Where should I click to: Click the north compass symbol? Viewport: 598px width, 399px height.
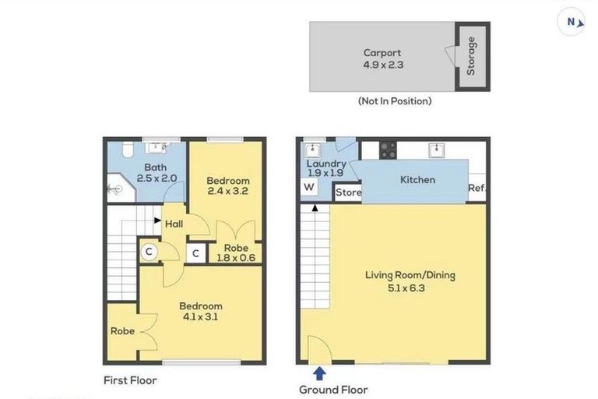[x=572, y=22]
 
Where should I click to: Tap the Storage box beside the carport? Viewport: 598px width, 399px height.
[x=471, y=57]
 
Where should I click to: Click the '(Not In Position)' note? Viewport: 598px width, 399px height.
[x=394, y=101]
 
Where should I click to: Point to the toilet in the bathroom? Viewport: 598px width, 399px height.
[x=130, y=149]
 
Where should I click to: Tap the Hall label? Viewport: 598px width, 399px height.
[x=174, y=224]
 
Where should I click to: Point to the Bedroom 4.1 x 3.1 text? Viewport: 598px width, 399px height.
[x=200, y=312]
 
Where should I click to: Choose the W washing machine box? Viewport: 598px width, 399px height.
[x=309, y=187]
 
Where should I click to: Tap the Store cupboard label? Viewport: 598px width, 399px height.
[x=348, y=192]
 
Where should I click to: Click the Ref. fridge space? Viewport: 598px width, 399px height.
[x=477, y=188]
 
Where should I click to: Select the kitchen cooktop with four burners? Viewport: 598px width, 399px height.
[x=387, y=150]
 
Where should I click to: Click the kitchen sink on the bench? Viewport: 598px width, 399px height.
[x=438, y=150]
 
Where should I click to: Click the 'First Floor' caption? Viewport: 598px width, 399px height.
[x=130, y=381]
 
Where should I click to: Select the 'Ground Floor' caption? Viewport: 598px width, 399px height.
[x=333, y=389]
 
